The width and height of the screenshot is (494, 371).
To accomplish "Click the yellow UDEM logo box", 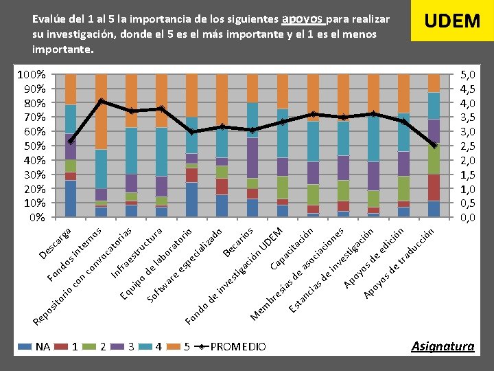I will coord(451,21).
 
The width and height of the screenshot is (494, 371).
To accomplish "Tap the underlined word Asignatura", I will coord(443,346).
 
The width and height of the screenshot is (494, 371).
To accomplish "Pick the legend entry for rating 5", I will coord(181,347).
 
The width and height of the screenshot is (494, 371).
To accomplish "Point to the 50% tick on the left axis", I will coord(32,146).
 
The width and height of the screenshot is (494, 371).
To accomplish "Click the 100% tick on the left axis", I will coord(31,74).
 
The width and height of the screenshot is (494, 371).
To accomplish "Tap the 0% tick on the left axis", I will coord(36,217).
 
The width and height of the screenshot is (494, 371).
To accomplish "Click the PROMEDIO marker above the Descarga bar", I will coord(71,141).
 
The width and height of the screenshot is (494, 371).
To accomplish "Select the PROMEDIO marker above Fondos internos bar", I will coord(101,101).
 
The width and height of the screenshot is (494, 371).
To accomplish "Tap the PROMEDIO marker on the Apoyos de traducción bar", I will coord(434,145).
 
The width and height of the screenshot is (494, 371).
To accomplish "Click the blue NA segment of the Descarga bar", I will coord(71,199).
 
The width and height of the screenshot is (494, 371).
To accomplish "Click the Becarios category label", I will coord(241,241).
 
